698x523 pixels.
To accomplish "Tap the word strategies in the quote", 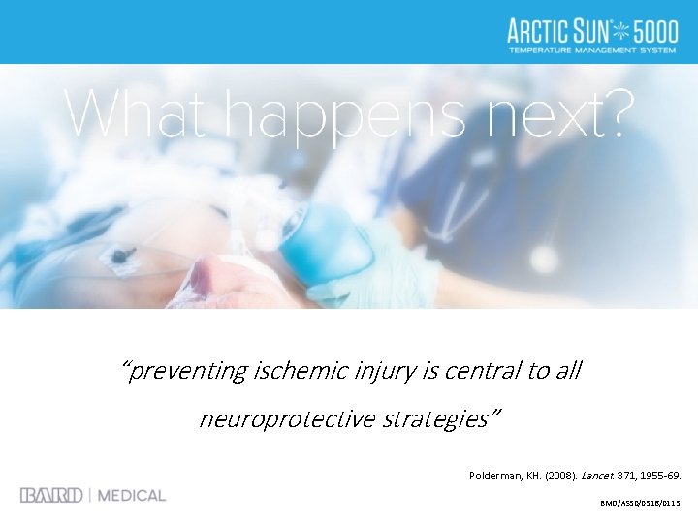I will click(439, 419).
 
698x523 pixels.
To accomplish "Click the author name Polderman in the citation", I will click(500, 476).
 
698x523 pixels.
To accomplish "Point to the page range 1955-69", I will click(663, 476).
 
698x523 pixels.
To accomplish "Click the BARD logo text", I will click(50, 495).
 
